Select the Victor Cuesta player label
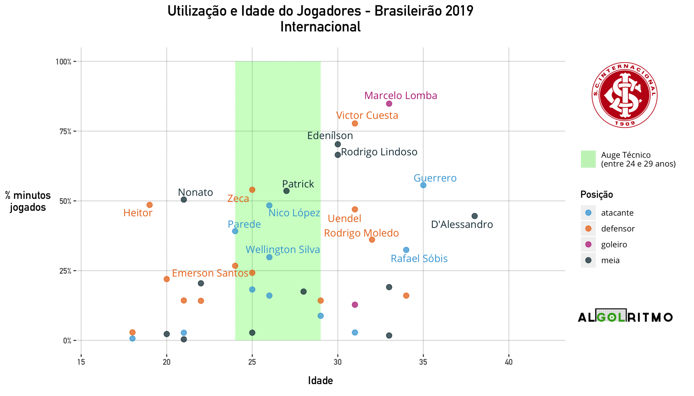[367, 115]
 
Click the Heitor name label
[137, 213]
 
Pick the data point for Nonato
[184, 200]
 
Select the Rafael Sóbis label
[419, 258]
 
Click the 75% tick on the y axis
[65, 132]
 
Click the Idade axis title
[320, 381]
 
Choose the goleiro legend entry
[614, 244]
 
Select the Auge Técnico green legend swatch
[588, 159]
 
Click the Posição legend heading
[596, 194]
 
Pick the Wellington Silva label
[283, 249]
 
